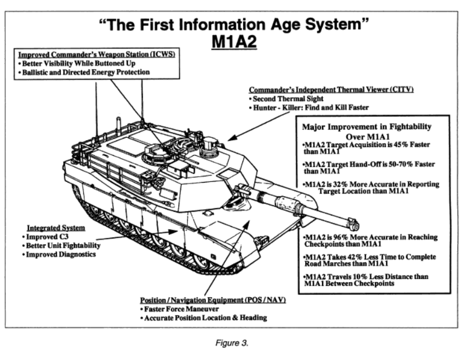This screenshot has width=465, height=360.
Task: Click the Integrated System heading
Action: tap(56, 227)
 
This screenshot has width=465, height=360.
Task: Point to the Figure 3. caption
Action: tap(232, 344)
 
